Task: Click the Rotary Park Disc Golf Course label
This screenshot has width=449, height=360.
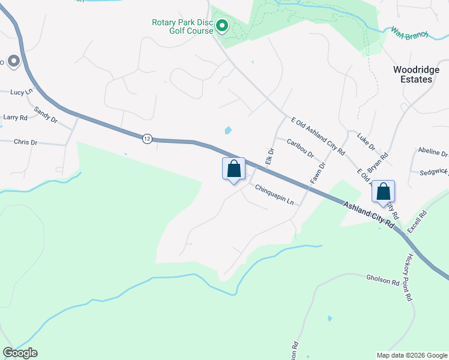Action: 182,27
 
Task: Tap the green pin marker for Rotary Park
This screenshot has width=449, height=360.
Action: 221,26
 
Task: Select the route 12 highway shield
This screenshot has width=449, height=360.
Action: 148,139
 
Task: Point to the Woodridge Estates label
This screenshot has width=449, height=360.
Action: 412,74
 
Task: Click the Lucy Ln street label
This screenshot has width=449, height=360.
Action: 22,92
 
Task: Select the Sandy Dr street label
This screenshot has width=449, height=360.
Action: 46,115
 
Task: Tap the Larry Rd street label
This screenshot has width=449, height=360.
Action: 16,118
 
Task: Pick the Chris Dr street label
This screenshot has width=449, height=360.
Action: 25,142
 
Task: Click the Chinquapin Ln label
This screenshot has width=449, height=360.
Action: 273,194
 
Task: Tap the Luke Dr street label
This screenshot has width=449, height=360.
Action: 366,143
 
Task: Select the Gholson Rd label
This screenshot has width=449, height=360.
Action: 383,280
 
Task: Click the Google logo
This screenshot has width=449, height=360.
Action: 20,353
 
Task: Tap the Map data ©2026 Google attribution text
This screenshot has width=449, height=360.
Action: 411,355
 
